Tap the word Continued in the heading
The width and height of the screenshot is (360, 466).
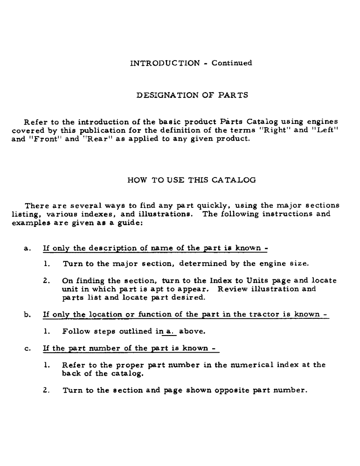click(x=232, y=63)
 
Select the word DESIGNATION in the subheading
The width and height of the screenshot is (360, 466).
click(x=166, y=96)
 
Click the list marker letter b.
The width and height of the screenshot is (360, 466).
click(x=27, y=315)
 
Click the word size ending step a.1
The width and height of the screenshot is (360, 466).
click(x=298, y=264)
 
